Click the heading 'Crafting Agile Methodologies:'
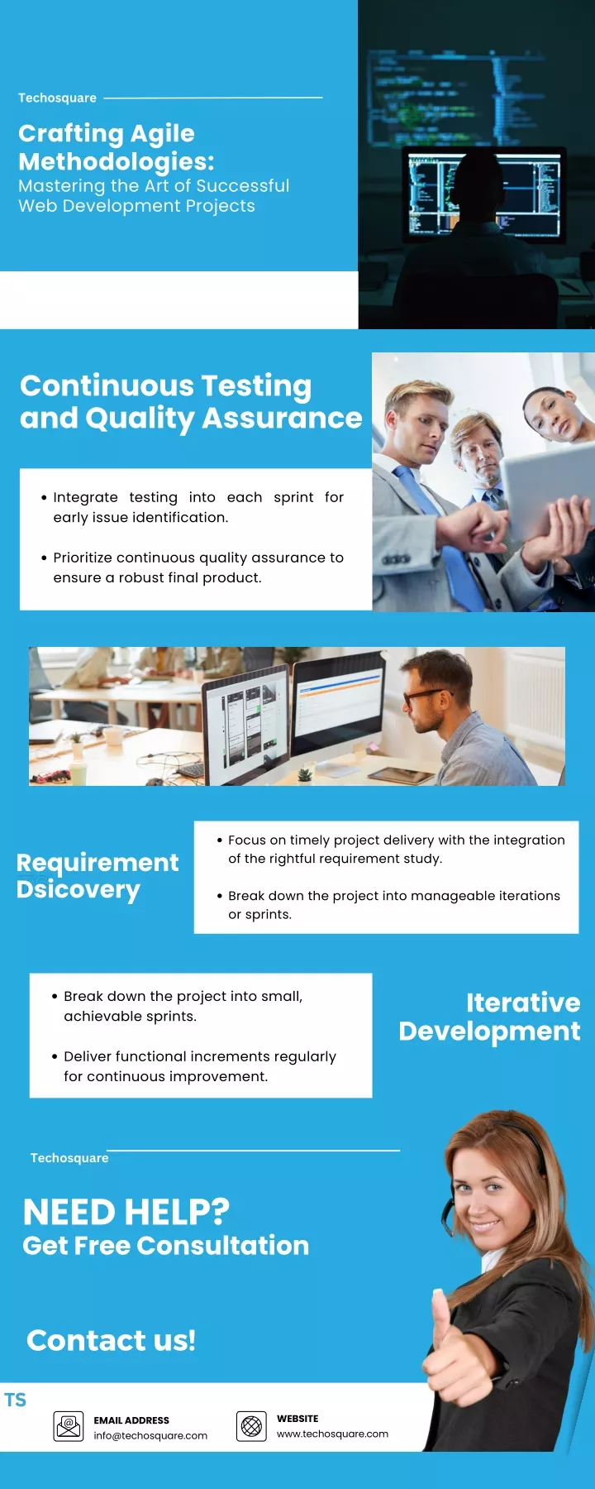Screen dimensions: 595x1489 117,147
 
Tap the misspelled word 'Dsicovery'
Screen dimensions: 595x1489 79,890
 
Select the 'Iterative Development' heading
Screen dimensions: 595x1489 489,1017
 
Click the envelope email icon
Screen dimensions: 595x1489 69,1426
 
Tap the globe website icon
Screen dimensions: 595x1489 251,1426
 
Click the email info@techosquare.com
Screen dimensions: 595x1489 150,1435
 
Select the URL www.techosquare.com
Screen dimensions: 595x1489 332,1434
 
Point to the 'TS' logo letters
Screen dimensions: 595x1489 15,1400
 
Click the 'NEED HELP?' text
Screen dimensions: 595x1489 126,1212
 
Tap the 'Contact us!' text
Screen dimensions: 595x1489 111,1340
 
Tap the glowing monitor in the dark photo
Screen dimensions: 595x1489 483,194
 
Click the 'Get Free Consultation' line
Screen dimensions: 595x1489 165,1246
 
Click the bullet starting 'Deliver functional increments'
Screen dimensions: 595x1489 200,1066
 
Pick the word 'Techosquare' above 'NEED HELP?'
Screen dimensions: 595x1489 69,1158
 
